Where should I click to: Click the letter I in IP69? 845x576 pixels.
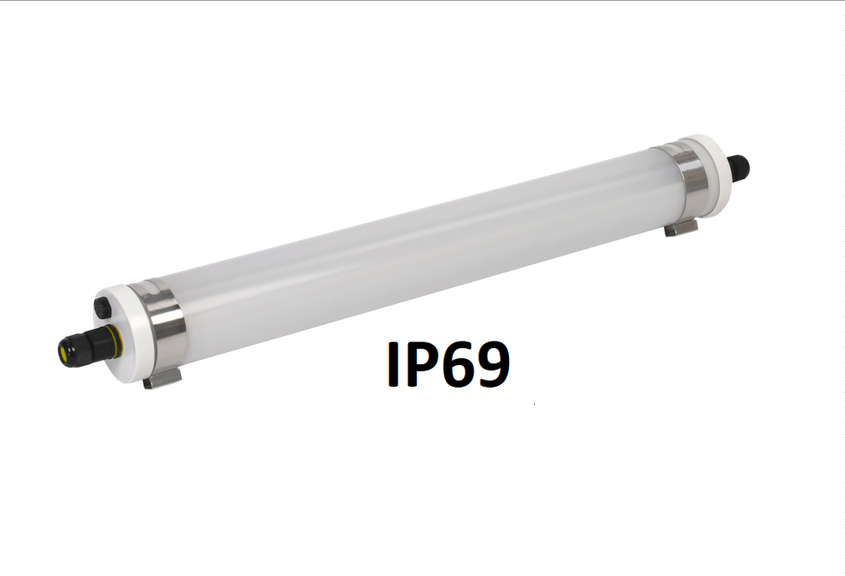click(x=393, y=364)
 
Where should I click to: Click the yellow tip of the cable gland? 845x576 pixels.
click(x=64, y=352)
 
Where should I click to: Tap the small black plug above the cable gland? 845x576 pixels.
click(x=102, y=308)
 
